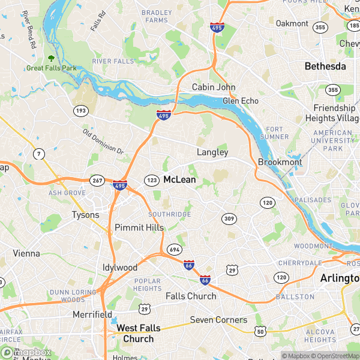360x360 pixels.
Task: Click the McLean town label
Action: click(179, 179)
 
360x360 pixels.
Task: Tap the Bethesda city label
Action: click(325, 66)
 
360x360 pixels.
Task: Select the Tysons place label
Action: click(85, 214)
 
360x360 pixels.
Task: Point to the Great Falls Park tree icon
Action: click(51, 58)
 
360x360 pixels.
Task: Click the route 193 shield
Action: click(80, 110)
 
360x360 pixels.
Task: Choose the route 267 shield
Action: click(97, 180)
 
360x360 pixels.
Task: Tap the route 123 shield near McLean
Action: click(151, 179)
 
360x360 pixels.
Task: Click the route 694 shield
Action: click(175, 248)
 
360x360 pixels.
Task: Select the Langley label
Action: click(212, 152)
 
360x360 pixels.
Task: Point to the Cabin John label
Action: click(214, 87)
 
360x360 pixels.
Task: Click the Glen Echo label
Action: click(241, 101)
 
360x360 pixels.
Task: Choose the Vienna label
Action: click(26, 253)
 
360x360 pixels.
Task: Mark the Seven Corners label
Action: click(218, 320)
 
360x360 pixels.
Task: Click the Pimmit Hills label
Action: click(139, 228)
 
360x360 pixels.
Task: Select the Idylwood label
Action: click(120, 267)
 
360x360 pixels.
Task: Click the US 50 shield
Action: click(260, 331)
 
